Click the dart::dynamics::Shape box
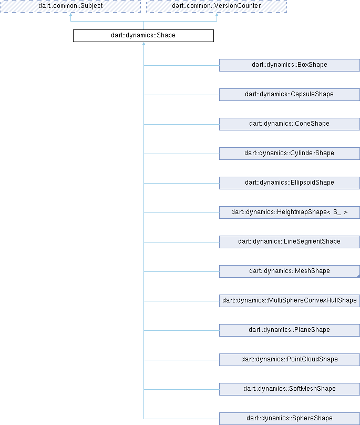click(x=143, y=36)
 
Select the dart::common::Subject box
click(x=70, y=6)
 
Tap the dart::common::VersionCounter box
click(x=217, y=6)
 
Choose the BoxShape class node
click(x=290, y=65)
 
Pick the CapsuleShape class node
click(x=290, y=95)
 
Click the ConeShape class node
click(x=290, y=124)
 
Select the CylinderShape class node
click(x=290, y=154)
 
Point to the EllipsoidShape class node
click(x=290, y=183)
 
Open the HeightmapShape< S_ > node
click(x=290, y=212)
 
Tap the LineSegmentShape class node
click(x=290, y=242)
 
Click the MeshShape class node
click(x=290, y=271)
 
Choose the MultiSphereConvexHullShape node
click(x=290, y=301)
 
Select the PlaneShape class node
click(x=290, y=330)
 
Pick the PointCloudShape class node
click(x=290, y=360)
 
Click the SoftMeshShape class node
click(x=290, y=389)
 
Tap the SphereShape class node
click(x=290, y=419)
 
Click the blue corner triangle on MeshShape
click(x=358, y=276)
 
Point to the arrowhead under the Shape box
click(x=143, y=44)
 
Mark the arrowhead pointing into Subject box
click(x=70, y=14)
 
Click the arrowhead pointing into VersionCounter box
click(x=217, y=14)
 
